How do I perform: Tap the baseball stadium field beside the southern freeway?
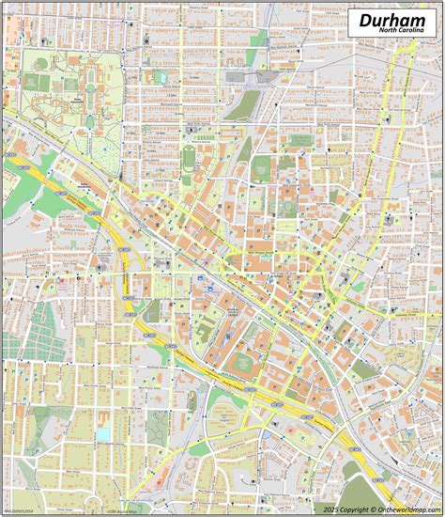243,362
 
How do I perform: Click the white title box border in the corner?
350,23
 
